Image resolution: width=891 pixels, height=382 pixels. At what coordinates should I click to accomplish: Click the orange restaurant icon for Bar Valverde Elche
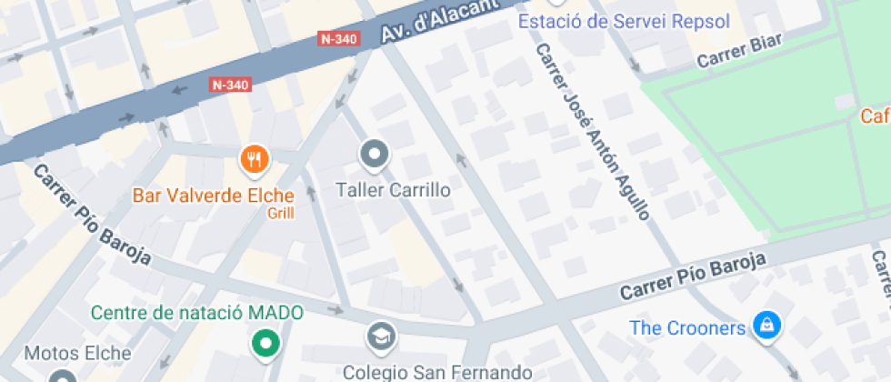click(255, 159)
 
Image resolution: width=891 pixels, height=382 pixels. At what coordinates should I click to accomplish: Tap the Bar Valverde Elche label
click(214, 196)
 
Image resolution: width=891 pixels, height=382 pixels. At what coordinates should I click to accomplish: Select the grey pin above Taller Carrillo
click(374, 155)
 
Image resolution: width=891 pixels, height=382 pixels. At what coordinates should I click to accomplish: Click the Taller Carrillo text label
click(393, 191)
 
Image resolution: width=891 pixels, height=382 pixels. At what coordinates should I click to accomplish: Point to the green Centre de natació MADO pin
click(265, 343)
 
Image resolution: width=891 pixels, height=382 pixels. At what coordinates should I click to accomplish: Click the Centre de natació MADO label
click(197, 313)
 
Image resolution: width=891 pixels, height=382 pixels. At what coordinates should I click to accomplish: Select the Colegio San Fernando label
click(436, 371)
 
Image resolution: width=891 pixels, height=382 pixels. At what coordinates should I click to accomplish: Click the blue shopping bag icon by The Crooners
click(768, 325)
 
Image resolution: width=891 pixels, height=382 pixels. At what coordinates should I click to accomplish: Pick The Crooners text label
click(688, 327)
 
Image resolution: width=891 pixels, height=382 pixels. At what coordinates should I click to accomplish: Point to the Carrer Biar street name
click(739, 54)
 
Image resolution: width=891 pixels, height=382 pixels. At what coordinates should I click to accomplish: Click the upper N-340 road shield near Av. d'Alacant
click(340, 39)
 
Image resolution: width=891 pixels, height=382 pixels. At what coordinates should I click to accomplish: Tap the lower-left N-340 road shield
click(230, 85)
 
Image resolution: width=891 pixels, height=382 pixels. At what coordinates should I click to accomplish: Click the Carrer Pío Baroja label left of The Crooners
click(694, 276)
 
